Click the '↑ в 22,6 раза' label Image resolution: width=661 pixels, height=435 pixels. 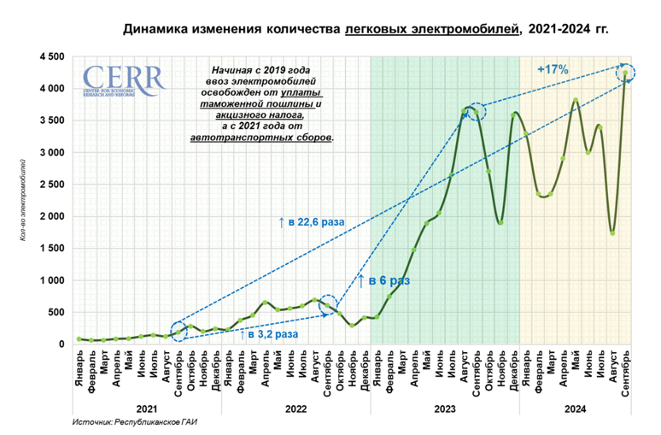(311, 222)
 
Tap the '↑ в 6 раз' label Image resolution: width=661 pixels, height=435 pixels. (383, 279)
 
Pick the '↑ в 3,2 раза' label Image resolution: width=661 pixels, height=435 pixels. (272, 334)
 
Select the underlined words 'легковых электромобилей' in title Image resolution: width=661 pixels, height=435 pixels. (432, 30)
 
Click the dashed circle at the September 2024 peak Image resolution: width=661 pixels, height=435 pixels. (626, 73)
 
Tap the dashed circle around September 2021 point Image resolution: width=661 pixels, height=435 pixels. (178, 331)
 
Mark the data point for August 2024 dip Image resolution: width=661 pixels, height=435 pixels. (613, 233)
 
